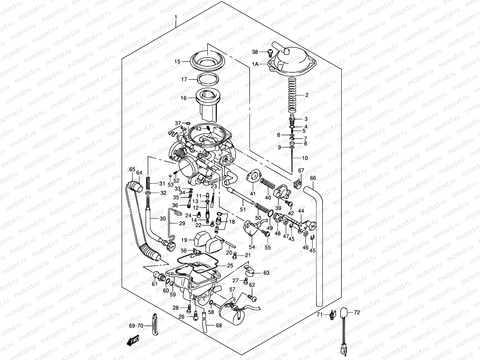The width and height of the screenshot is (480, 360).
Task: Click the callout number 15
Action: tap(177, 62)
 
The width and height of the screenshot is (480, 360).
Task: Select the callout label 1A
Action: tap(255, 64)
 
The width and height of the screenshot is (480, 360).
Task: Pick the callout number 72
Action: tap(357, 312)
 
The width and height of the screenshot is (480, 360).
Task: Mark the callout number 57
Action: tap(232, 289)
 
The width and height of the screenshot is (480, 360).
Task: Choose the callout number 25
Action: tap(230, 265)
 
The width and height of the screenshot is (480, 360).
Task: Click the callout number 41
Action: tap(253, 193)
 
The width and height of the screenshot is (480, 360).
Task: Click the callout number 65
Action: tap(132, 169)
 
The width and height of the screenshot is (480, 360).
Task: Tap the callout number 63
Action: tap(266, 273)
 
